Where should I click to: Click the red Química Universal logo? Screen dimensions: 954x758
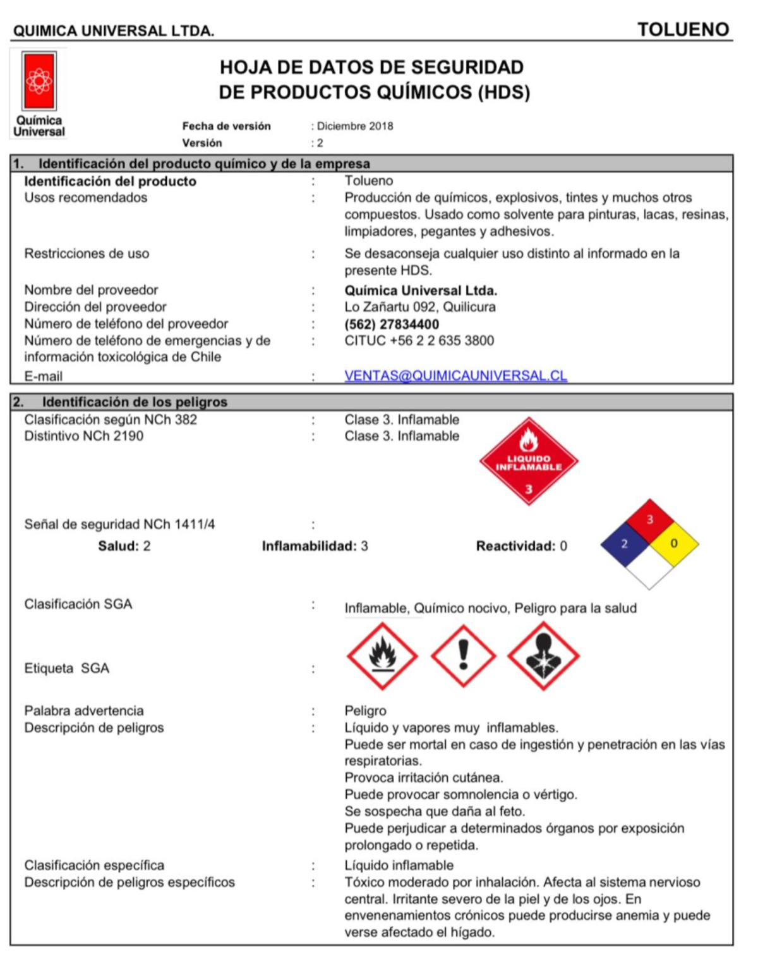coord(39,82)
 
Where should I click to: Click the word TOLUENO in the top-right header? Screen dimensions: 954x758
coord(683,30)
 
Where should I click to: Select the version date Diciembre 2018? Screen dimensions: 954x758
coord(355,126)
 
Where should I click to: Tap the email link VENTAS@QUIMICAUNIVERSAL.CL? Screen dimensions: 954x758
coord(455,376)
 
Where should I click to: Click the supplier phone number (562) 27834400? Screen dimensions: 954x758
coord(392,324)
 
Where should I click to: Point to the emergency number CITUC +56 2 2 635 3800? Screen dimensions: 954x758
coord(419,341)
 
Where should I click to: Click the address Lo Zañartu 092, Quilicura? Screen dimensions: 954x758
coord(420,307)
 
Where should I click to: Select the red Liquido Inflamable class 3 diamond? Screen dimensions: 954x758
coord(529,462)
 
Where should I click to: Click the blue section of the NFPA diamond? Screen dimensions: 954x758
coord(623,544)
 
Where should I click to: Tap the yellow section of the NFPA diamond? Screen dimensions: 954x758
coord(675,544)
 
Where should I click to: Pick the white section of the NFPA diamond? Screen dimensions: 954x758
coord(649,568)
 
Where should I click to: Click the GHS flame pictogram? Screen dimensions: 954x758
coord(382,656)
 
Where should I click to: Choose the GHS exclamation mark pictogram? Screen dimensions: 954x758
coord(463,656)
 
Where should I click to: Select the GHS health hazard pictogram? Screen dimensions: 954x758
coord(543,656)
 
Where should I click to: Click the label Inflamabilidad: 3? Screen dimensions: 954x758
coord(315,546)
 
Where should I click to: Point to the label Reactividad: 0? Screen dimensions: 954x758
coord(521,546)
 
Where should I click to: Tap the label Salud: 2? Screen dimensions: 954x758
coord(124,546)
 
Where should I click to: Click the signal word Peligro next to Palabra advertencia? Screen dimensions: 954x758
coord(366,711)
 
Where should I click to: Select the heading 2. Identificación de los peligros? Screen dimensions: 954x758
coord(135,402)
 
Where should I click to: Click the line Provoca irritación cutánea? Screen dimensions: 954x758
coord(424,778)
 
